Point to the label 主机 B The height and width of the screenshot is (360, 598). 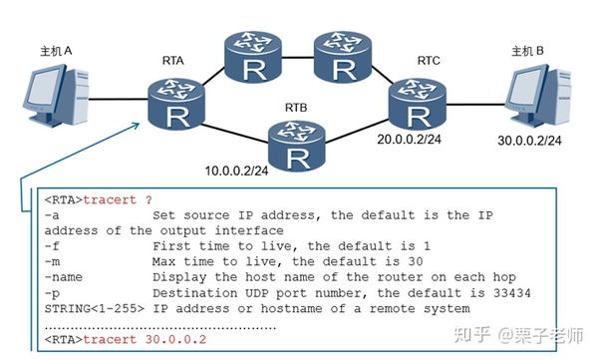[x=528, y=51]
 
